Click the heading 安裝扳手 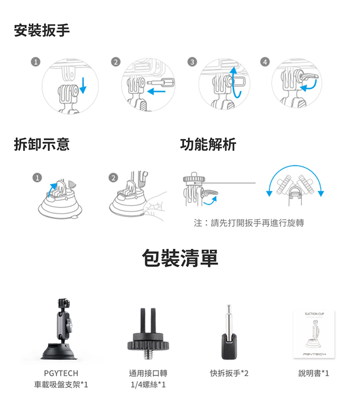click(42, 30)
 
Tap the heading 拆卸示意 click(42, 145)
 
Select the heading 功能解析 click(208, 145)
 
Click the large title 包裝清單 click(180, 258)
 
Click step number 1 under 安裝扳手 click(36, 62)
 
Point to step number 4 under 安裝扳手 click(264, 62)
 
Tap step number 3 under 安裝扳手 click(192, 62)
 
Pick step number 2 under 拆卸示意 click(113, 177)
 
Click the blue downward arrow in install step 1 click(83, 86)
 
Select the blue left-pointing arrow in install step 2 click(156, 92)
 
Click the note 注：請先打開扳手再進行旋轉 click(249, 223)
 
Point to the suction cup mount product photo click(60, 329)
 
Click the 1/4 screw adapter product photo click(148, 334)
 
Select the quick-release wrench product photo click(229, 332)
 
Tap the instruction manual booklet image click(314, 334)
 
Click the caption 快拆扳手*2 click(229, 373)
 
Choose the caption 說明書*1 click(314, 373)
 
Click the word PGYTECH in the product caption click(61, 373)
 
